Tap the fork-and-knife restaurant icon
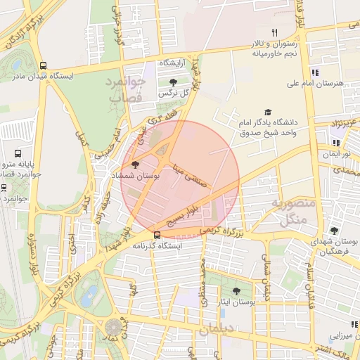click(x=275, y=33)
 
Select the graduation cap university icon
click(x=267, y=112)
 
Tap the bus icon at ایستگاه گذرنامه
click(x=156, y=235)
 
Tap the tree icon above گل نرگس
click(x=173, y=82)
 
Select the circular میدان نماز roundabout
click(x=112, y=327)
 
